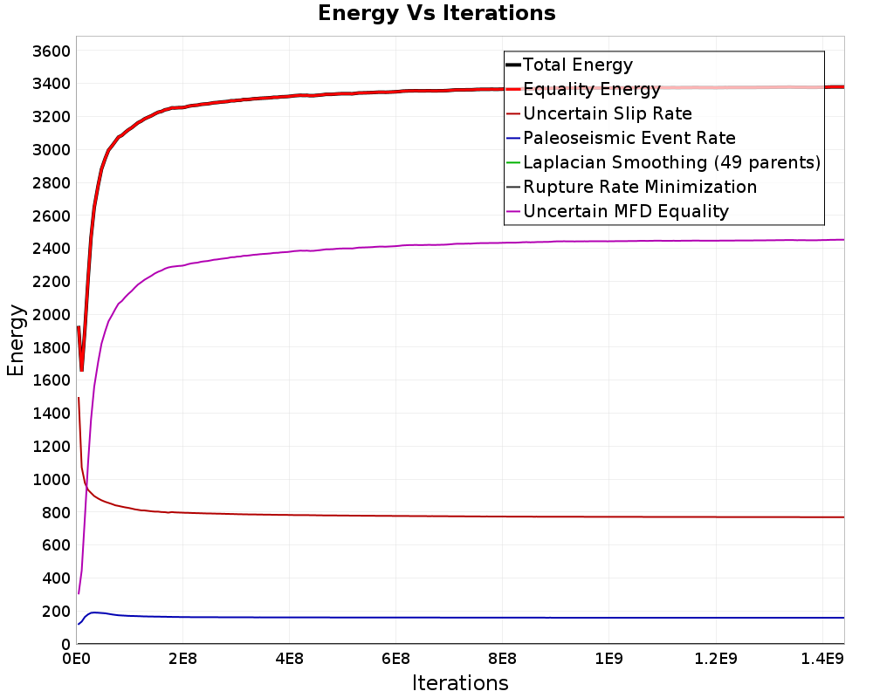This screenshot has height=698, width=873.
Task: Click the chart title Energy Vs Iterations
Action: point(436,13)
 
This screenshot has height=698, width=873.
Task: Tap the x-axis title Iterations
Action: point(460,682)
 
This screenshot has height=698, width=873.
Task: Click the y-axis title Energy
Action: point(16,340)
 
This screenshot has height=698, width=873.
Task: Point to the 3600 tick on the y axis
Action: point(52,51)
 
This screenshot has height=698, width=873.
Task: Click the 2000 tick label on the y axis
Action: point(52,314)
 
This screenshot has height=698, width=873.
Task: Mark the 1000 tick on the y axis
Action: point(52,479)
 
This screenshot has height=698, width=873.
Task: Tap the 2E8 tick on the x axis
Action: point(182,659)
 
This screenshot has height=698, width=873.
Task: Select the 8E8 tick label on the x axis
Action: point(502,659)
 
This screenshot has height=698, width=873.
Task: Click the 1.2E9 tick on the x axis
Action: point(716,659)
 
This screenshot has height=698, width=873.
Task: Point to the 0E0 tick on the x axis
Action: point(76,659)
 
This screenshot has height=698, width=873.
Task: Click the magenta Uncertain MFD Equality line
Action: point(460,243)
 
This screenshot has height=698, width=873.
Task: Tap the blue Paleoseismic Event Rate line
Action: point(460,617)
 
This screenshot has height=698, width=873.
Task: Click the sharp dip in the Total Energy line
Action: point(82,370)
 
